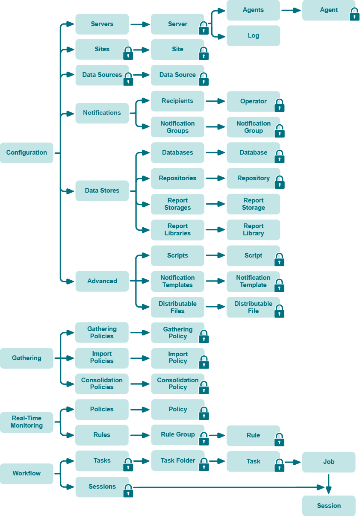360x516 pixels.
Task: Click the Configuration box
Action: tap(27, 152)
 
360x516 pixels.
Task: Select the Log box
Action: tap(253, 35)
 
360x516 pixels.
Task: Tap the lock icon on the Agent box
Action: tap(354, 15)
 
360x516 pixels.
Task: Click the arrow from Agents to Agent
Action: tap(291, 10)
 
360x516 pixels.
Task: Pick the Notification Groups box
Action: tap(177, 127)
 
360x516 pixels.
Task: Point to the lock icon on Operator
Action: tap(280, 106)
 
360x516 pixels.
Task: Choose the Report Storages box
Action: tap(177, 204)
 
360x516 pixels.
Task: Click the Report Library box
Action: tap(253, 230)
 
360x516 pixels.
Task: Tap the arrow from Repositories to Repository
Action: tap(215, 179)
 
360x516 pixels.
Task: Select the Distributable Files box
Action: tap(177, 307)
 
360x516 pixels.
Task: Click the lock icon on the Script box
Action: tap(280, 260)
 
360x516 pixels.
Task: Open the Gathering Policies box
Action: tap(102, 332)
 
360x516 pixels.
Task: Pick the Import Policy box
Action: tap(177, 358)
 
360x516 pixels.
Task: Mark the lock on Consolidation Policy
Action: tap(204, 388)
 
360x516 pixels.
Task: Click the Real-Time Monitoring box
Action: tap(27, 422)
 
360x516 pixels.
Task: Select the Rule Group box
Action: tap(177, 435)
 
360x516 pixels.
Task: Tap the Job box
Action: tap(328, 462)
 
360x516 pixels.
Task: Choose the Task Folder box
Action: tap(177, 460)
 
